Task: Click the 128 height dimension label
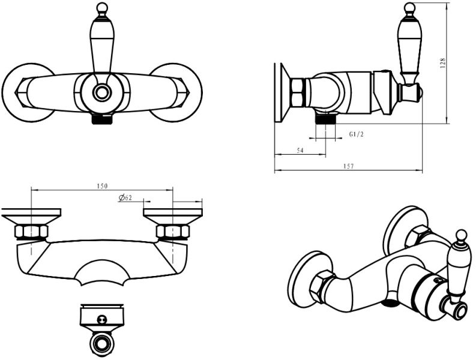(443, 62)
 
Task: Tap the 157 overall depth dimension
(349, 166)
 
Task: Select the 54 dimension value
(300, 150)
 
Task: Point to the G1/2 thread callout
(356, 134)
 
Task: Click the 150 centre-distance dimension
(102, 186)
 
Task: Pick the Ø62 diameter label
(125, 197)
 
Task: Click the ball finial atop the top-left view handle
(102, 7)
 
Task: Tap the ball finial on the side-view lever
(409, 7)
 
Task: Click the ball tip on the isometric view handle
(462, 235)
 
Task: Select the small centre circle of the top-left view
(101, 92)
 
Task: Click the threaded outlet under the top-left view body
(102, 119)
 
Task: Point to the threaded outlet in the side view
(326, 118)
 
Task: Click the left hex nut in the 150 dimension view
(31, 232)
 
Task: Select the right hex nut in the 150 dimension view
(173, 232)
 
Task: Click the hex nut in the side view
(295, 91)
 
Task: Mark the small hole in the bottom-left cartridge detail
(100, 319)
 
